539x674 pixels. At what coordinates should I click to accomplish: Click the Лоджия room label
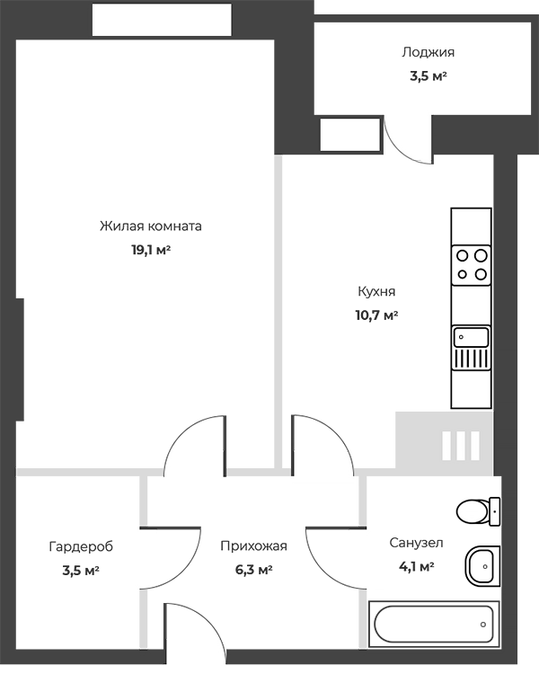[429, 53]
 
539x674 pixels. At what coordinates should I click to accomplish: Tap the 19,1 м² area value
[151, 250]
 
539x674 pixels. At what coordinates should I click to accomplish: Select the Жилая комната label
[151, 226]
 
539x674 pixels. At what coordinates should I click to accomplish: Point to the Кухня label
[376, 292]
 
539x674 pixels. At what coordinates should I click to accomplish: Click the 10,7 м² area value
[376, 315]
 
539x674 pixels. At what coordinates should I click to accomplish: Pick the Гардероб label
[81, 546]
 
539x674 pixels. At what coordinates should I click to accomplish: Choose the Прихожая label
[253, 546]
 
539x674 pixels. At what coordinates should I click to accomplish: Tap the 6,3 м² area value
[253, 570]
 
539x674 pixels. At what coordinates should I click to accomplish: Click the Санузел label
[416, 543]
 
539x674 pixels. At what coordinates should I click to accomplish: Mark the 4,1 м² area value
[416, 566]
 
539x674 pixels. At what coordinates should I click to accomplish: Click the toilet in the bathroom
[479, 511]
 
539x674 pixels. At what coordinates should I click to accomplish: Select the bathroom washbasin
[482, 566]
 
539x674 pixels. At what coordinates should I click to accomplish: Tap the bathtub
[434, 625]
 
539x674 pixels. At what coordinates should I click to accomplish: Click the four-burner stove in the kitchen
[471, 265]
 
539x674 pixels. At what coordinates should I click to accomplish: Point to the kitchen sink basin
[472, 337]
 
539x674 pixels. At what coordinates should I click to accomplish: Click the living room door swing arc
[181, 434]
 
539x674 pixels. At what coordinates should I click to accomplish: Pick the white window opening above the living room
[162, 20]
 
